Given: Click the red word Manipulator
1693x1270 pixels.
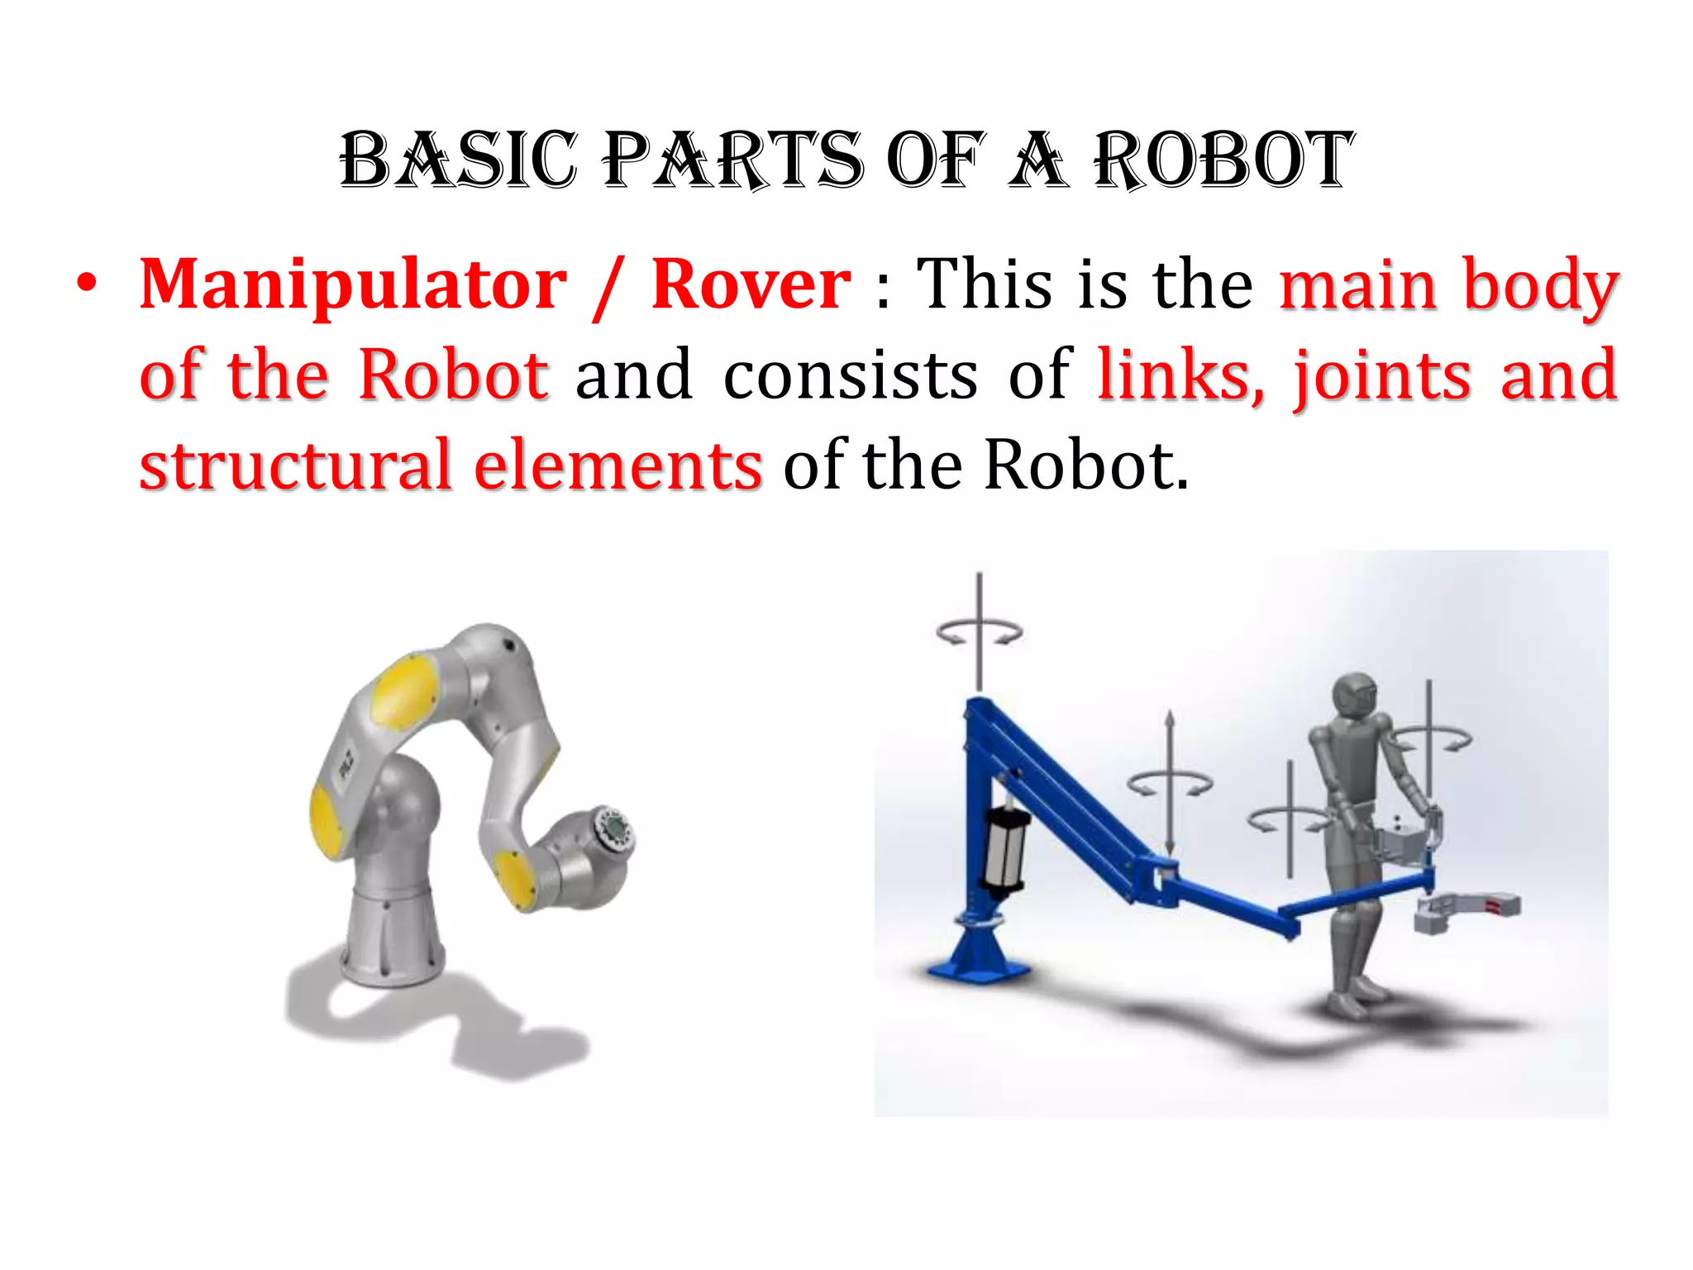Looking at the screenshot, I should [354, 285].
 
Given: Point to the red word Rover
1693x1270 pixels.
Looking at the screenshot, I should [751, 285].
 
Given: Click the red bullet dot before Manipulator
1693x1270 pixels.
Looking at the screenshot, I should [86, 284].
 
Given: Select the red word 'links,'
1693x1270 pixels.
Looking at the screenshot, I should [1180, 376].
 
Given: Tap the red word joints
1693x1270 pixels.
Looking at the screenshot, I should [1383, 376].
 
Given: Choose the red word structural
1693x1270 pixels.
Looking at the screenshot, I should [295, 466].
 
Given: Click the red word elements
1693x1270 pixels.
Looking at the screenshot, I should [618, 466].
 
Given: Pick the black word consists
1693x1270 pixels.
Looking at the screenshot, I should [851, 376].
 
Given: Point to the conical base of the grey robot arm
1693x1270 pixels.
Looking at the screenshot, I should [389, 934].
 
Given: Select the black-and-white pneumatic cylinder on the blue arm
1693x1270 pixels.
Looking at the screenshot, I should [1005, 843].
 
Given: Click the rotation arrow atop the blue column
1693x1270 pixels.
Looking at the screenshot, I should [980, 633].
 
